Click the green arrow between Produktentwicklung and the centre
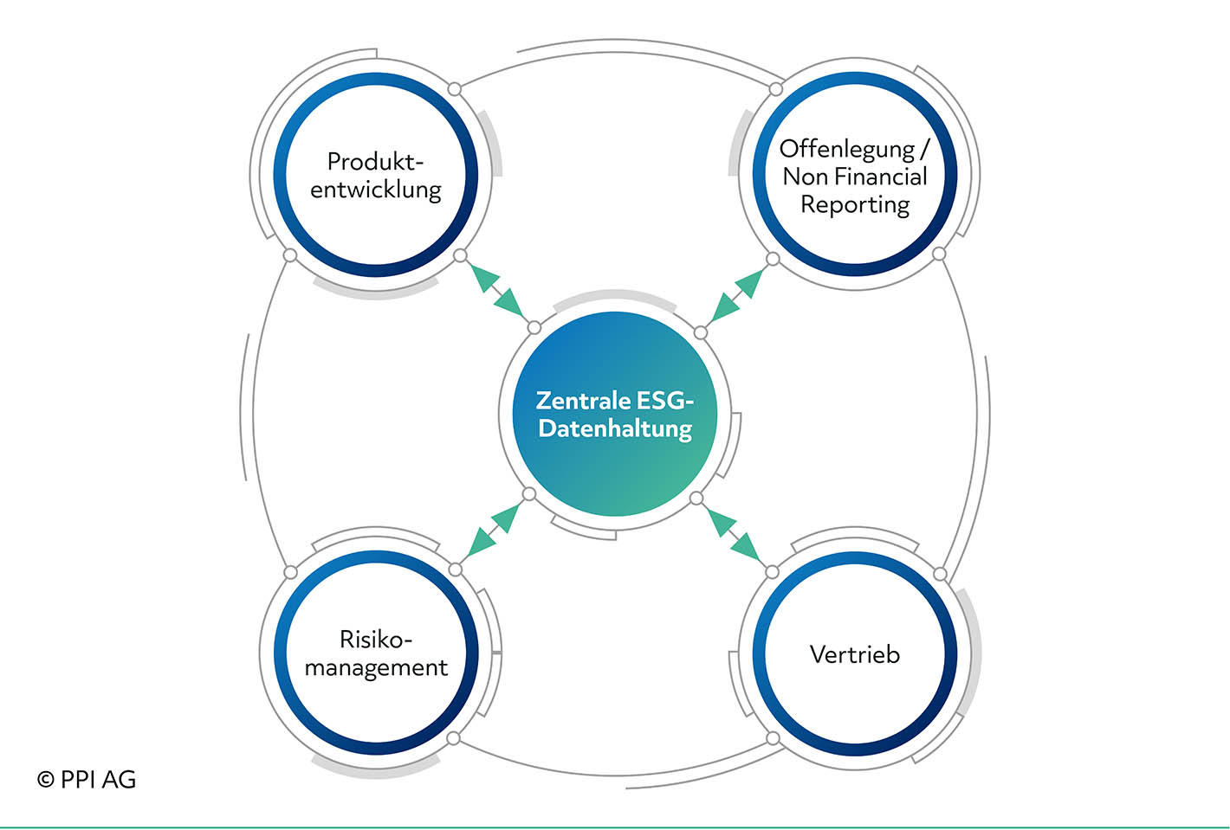tap(497, 292)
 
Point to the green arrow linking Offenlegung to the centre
tap(736, 296)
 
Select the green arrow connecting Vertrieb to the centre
tap(734, 536)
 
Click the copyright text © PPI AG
tap(87, 780)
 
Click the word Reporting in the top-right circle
tap(855, 204)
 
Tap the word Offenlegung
tap(847, 150)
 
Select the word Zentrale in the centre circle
tap(583, 401)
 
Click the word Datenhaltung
tap(615, 429)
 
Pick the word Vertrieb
tap(855, 654)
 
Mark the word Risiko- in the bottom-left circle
tap(376, 639)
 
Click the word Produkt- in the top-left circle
tap(376, 161)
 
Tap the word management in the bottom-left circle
tap(376, 668)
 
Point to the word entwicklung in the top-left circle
tap(376, 190)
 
